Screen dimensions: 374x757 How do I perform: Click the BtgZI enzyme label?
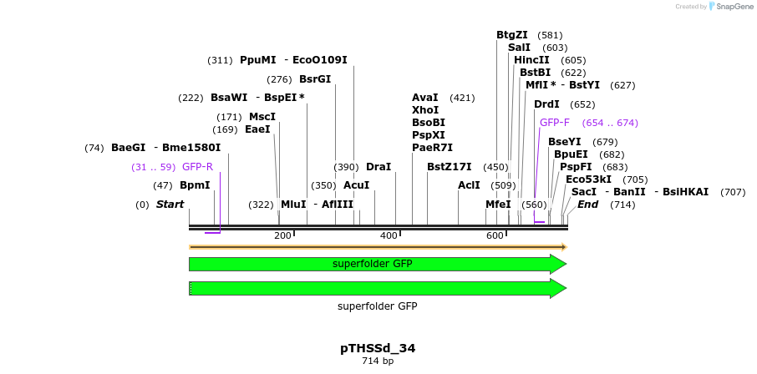[x=511, y=35]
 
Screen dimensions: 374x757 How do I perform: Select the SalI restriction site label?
[x=519, y=48]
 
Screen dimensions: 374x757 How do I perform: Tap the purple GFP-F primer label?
[x=555, y=123]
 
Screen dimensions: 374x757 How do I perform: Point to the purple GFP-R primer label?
[x=197, y=167]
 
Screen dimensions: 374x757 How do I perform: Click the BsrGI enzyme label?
[x=315, y=79]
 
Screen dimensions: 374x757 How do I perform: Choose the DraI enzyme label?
[x=378, y=167]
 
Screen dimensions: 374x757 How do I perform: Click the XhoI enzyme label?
[x=425, y=110]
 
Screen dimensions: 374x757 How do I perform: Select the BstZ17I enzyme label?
[x=449, y=167]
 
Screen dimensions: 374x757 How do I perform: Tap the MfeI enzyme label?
[x=498, y=205]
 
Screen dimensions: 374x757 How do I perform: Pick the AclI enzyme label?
[x=469, y=185]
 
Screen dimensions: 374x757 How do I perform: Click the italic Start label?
[x=170, y=205]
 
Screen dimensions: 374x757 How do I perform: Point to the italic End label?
[x=587, y=205]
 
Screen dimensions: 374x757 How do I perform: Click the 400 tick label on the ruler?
[x=389, y=236]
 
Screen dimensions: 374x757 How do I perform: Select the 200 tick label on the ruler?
[x=282, y=236]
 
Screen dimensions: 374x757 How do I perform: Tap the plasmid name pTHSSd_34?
[x=378, y=348]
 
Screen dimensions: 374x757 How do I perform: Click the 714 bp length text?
[x=378, y=361]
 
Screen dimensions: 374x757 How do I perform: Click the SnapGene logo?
[x=729, y=7]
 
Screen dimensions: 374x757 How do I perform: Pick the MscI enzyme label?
[x=262, y=117]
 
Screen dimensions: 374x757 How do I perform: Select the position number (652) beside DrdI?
[x=582, y=104]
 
